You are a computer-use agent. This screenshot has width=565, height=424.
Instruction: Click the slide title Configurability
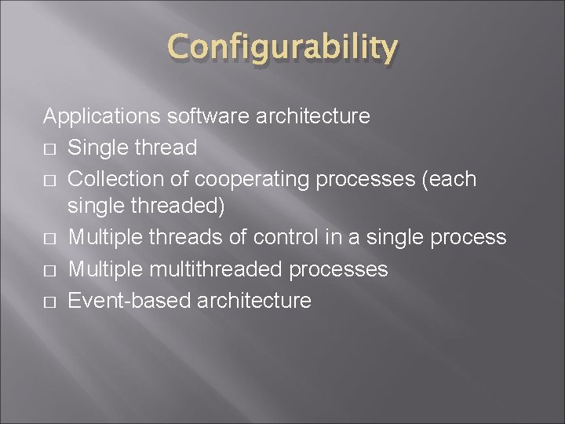pyautogui.click(x=282, y=49)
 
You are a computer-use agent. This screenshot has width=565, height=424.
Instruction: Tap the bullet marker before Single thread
pyautogui.click(x=49, y=148)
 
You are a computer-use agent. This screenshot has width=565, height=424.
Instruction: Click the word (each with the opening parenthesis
pyautogui.click(x=450, y=178)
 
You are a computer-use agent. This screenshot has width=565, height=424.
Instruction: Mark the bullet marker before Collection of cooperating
pyautogui.click(x=49, y=179)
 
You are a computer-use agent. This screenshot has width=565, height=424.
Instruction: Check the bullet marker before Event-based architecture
pyautogui.click(x=49, y=302)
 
